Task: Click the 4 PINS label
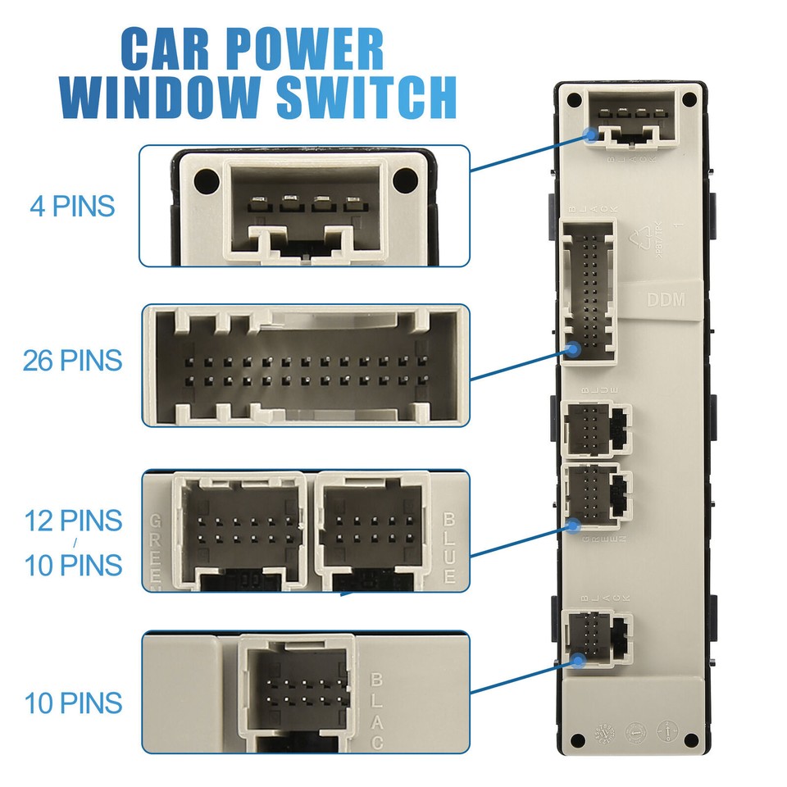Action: pyautogui.click(x=72, y=206)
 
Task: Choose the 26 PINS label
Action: pyautogui.click(x=72, y=360)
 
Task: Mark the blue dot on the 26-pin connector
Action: pyautogui.click(x=574, y=350)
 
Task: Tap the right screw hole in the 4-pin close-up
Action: pyautogui.click(x=403, y=179)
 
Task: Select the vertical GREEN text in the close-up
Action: pyautogui.click(x=156, y=551)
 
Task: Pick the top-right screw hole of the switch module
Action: pyautogui.click(x=689, y=100)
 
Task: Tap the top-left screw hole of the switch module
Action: pyautogui.click(x=573, y=100)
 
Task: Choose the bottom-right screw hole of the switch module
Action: pyautogui.click(x=692, y=740)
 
